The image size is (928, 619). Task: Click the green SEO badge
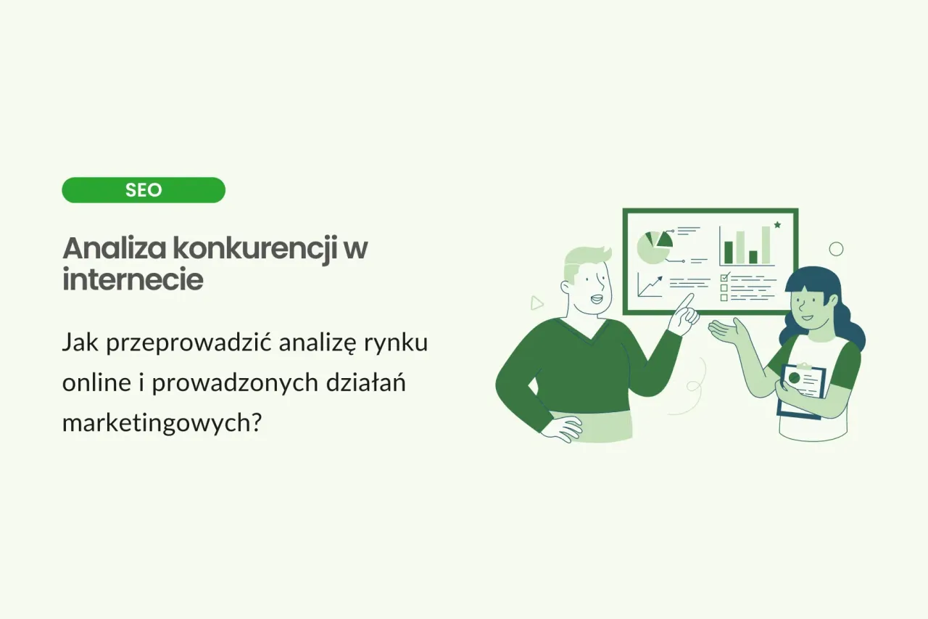click(144, 190)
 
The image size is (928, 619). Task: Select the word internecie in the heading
click(133, 280)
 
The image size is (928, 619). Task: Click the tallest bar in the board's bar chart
click(766, 245)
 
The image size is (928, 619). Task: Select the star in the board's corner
click(777, 226)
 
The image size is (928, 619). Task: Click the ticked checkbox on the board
click(724, 276)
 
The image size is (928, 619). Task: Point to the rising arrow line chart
click(650, 284)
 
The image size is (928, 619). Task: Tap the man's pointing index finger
click(687, 298)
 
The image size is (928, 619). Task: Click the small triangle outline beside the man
click(536, 303)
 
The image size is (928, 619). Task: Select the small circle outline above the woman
click(836, 249)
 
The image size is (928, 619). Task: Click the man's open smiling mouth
click(596, 298)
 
